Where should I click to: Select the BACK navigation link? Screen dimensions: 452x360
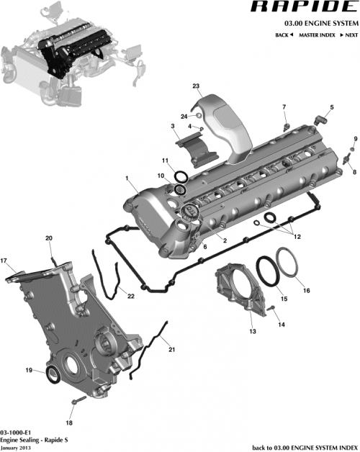click(284, 35)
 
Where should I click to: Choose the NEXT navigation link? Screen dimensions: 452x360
click(348, 35)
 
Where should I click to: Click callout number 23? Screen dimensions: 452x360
click(196, 86)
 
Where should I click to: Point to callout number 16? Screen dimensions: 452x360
click(307, 291)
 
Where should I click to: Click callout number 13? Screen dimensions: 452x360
click(252, 332)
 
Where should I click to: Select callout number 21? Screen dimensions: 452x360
click(172, 350)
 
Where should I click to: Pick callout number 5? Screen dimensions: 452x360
click(332, 107)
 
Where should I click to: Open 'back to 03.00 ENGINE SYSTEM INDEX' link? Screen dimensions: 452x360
click(303, 446)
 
